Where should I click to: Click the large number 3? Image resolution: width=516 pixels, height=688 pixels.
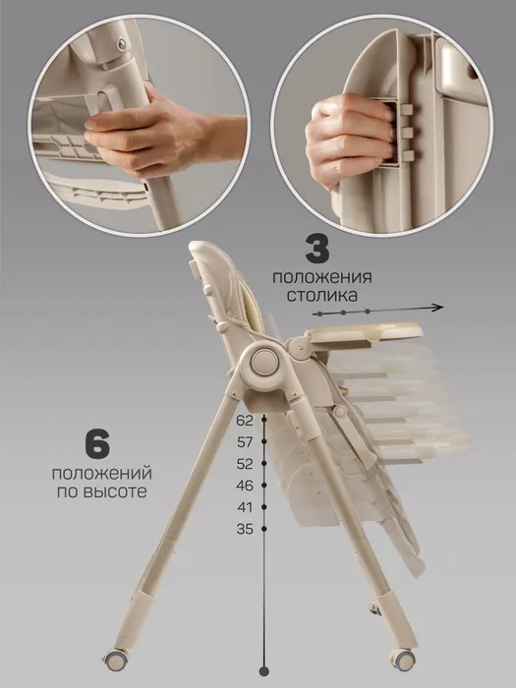[317, 250]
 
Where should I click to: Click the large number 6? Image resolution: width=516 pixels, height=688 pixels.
[97, 445]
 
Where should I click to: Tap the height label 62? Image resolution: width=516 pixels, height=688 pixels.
[245, 421]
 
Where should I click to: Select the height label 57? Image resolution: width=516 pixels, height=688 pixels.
[245, 442]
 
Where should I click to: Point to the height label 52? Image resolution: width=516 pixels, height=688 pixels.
[245, 464]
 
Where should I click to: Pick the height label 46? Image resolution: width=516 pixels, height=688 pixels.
[245, 486]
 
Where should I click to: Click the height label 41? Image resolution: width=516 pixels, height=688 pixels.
[245, 507]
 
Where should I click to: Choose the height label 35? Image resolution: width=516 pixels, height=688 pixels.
[245, 529]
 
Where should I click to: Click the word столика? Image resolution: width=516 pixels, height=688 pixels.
[322, 295]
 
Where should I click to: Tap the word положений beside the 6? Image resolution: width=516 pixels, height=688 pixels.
[102, 475]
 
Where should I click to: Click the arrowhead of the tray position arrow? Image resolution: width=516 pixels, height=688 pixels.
[437, 308]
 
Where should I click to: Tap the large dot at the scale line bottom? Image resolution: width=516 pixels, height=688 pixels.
[264, 671]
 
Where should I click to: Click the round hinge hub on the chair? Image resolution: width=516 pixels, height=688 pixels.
[265, 361]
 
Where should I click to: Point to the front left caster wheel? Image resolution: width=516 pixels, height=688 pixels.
[116, 659]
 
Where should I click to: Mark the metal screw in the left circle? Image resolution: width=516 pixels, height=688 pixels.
[122, 43]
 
